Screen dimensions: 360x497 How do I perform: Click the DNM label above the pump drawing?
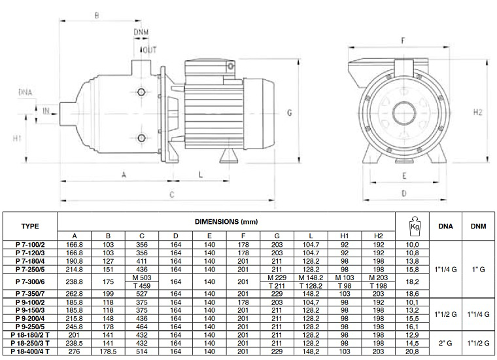[x=142, y=31]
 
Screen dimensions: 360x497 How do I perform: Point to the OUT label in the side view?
[x=150, y=49]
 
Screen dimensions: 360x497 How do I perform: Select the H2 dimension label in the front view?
[x=477, y=112]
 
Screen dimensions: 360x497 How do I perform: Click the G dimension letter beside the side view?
[x=288, y=113]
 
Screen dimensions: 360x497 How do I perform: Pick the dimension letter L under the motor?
[x=200, y=174]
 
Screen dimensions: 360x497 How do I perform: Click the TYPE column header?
[x=30, y=226]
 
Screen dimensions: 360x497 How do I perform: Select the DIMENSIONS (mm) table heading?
[x=226, y=222]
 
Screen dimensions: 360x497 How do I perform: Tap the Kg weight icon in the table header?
[x=413, y=225]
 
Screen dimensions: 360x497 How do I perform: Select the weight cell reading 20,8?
[x=413, y=352]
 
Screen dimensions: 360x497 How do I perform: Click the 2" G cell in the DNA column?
[x=446, y=343]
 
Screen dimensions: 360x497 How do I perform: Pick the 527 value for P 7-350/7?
[x=142, y=294]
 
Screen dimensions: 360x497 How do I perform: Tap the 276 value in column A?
[x=74, y=352]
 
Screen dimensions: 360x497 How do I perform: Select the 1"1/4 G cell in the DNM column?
[x=479, y=314]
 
